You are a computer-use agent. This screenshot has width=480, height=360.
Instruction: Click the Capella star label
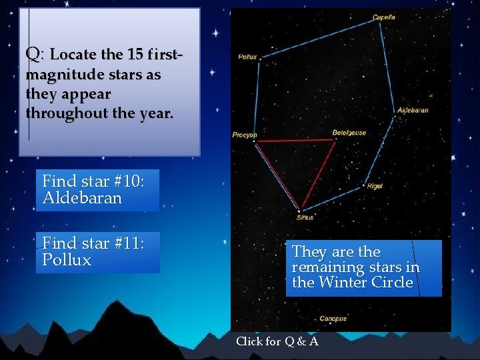[383, 17]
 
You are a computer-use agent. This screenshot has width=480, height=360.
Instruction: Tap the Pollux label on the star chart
[247, 57]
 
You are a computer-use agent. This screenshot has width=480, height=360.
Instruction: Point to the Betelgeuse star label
[349, 133]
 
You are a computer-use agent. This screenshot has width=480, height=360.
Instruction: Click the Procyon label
[244, 135]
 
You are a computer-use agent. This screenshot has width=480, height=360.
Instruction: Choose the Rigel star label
[375, 186]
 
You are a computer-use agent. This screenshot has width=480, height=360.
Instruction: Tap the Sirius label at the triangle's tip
[305, 217]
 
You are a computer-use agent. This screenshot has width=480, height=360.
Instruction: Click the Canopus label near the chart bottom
[333, 319]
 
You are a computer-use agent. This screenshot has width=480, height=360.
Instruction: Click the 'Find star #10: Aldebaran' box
[97, 189]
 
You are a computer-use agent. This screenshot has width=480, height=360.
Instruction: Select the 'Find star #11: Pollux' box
[97, 252]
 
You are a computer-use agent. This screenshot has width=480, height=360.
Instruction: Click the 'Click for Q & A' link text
[277, 341]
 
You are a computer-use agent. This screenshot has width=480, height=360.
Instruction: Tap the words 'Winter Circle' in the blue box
[365, 283]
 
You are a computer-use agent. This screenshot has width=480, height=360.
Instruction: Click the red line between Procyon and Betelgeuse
[293, 141]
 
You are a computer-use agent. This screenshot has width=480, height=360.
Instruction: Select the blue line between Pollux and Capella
[320, 37]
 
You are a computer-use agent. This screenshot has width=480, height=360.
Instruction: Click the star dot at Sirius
[299, 210]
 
